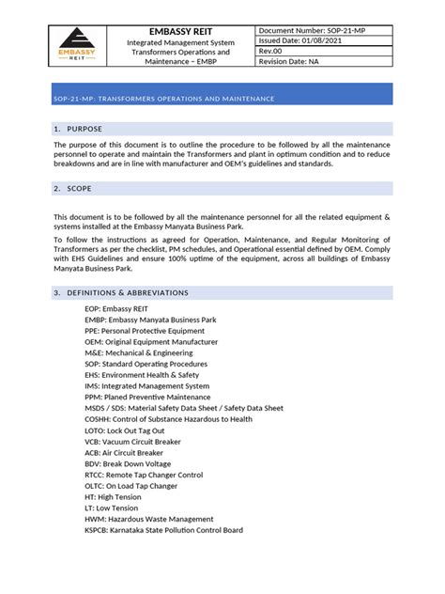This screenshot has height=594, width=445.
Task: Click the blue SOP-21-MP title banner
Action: (x=222, y=98)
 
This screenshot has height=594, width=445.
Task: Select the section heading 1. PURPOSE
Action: (x=78, y=128)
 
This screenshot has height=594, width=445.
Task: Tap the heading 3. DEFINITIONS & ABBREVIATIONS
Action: (x=121, y=293)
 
